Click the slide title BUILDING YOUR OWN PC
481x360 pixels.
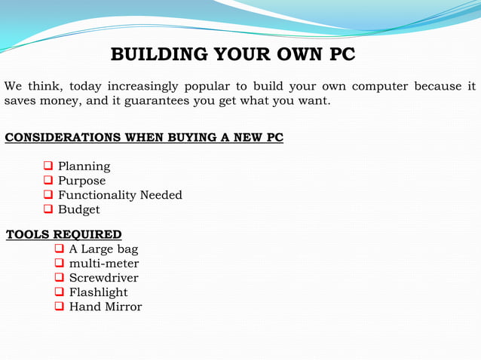(x=232, y=55)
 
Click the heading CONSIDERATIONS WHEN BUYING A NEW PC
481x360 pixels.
(x=144, y=138)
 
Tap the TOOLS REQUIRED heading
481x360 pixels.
(x=64, y=234)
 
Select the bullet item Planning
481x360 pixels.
(x=84, y=166)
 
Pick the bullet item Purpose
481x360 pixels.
(x=81, y=181)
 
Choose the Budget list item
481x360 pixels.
(x=78, y=209)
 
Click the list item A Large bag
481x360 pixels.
(x=103, y=249)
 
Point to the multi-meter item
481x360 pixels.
(x=103, y=264)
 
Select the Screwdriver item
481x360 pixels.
(x=103, y=278)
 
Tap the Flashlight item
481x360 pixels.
(x=98, y=292)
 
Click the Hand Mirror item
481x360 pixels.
(x=105, y=307)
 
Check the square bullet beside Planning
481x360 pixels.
(x=48, y=166)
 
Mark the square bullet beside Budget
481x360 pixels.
(x=48, y=209)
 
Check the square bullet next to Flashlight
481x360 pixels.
(x=60, y=291)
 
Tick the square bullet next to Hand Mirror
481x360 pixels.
(x=60, y=306)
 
